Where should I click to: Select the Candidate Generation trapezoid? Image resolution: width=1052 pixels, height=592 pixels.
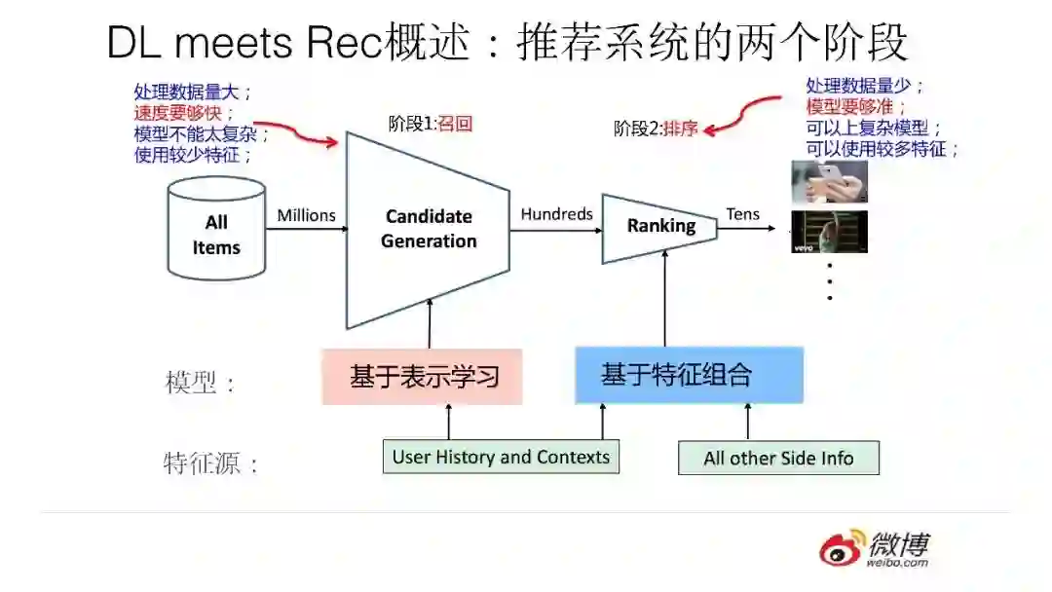pyautogui.click(x=429, y=230)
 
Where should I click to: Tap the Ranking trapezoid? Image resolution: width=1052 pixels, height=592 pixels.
pyautogui.click(x=659, y=227)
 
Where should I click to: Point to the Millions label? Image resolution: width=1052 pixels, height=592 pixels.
pyautogui.click(x=306, y=215)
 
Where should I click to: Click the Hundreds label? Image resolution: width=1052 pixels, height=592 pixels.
pyautogui.click(x=556, y=214)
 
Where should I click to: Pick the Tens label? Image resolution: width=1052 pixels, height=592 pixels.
pyautogui.click(x=742, y=214)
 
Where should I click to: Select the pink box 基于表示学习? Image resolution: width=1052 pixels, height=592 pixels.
pyautogui.click(x=422, y=377)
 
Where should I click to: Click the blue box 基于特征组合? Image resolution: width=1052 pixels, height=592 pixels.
pyautogui.click(x=689, y=375)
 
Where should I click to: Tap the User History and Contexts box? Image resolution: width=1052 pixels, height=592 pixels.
pyautogui.click(x=501, y=457)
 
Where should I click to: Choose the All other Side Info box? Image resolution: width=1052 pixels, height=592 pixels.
pyautogui.click(x=778, y=458)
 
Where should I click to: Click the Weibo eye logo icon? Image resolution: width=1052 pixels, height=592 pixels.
pyautogui.click(x=841, y=549)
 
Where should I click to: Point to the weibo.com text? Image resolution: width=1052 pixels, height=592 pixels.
pyautogui.click(x=896, y=562)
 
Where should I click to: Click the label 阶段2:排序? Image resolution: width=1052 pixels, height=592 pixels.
pyautogui.click(x=656, y=129)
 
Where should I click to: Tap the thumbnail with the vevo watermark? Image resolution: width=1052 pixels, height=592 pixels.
pyautogui.click(x=829, y=232)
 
